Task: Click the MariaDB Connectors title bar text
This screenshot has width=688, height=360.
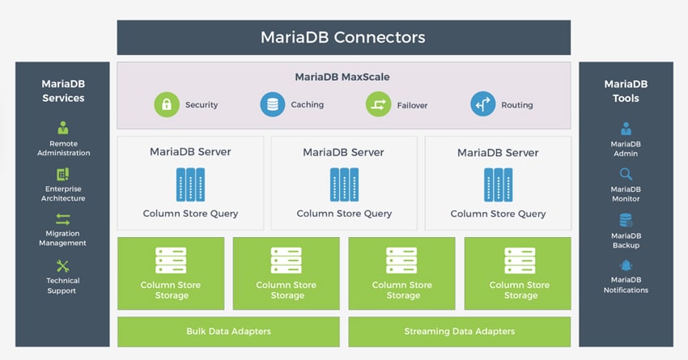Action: coord(342,37)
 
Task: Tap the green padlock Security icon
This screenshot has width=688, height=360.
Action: coord(167,104)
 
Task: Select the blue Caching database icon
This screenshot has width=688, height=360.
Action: coord(273,104)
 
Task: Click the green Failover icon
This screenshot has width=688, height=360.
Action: coord(378,104)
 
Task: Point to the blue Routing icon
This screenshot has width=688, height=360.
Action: coord(483,104)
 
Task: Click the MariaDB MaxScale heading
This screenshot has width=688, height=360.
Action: coord(342,77)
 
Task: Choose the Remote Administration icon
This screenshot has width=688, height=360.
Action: coord(63,128)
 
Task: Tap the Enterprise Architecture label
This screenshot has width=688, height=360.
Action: coord(63,193)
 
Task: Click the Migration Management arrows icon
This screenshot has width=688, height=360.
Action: coord(63,218)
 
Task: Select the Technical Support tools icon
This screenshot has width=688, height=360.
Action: coord(63,265)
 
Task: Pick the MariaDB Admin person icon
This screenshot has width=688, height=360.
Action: coord(626,129)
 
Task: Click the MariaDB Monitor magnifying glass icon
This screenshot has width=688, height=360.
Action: coord(626,174)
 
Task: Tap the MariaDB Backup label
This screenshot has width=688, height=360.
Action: coord(626,240)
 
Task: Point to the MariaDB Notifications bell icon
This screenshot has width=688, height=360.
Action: coord(626,265)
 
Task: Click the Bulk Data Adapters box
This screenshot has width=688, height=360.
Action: coord(228,332)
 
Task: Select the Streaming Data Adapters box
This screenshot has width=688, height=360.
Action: coord(460,332)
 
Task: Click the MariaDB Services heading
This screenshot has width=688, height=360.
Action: coord(63,91)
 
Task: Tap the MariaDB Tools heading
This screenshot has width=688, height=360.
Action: coord(626,91)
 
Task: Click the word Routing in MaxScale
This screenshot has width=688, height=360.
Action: coord(517,105)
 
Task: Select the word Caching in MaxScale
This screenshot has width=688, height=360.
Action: coord(307,104)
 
